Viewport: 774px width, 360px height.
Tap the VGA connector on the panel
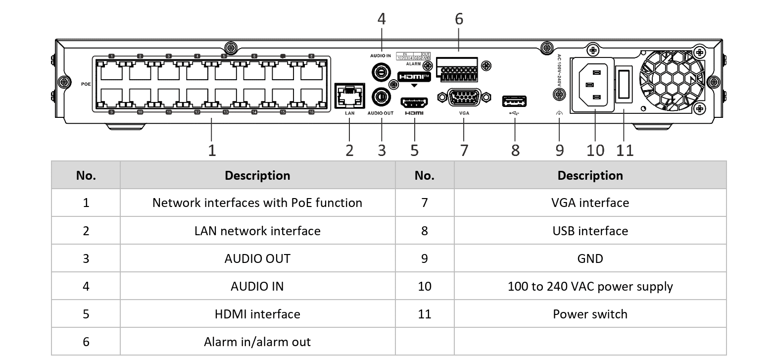464,97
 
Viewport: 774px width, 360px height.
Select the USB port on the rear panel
515,102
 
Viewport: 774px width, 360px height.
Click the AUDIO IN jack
382,72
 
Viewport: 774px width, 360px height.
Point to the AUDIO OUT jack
382,95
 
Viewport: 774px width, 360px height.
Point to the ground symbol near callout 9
559,113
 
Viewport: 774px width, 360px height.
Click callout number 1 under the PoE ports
212,150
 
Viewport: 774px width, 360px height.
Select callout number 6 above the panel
459,19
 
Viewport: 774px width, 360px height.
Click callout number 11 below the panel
625,150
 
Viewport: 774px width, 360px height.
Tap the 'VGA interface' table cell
590,203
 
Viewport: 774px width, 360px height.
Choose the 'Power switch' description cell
590,314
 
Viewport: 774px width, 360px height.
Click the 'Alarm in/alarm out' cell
257,342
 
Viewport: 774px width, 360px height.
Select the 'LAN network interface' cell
257,231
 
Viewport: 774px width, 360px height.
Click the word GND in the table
590,259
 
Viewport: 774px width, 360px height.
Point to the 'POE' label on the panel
86,84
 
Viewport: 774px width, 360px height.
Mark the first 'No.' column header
86,175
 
